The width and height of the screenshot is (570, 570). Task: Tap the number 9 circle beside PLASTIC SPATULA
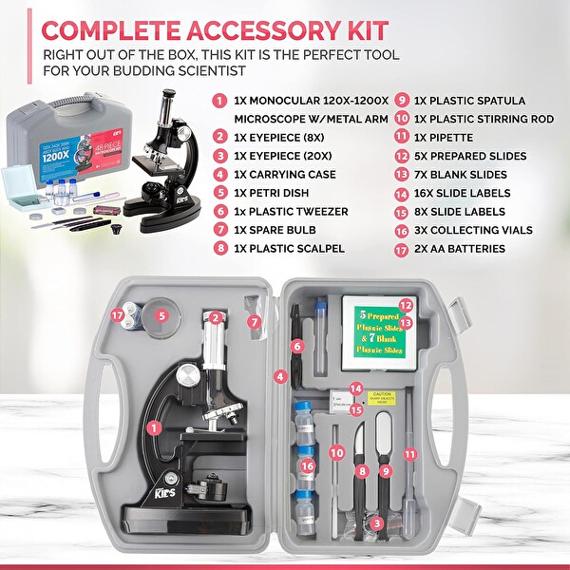[403, 100]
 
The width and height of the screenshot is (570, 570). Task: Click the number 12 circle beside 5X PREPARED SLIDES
[403, 156]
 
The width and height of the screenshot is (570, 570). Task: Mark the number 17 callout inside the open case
[117, 314]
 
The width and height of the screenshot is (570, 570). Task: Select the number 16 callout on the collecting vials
[306, 466]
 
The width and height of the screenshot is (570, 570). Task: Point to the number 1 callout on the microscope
[153, 427]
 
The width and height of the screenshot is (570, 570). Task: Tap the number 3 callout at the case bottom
[377, 522]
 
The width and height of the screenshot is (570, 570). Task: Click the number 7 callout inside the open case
[254, 321]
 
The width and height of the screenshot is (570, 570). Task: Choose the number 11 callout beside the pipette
[409, 454]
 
